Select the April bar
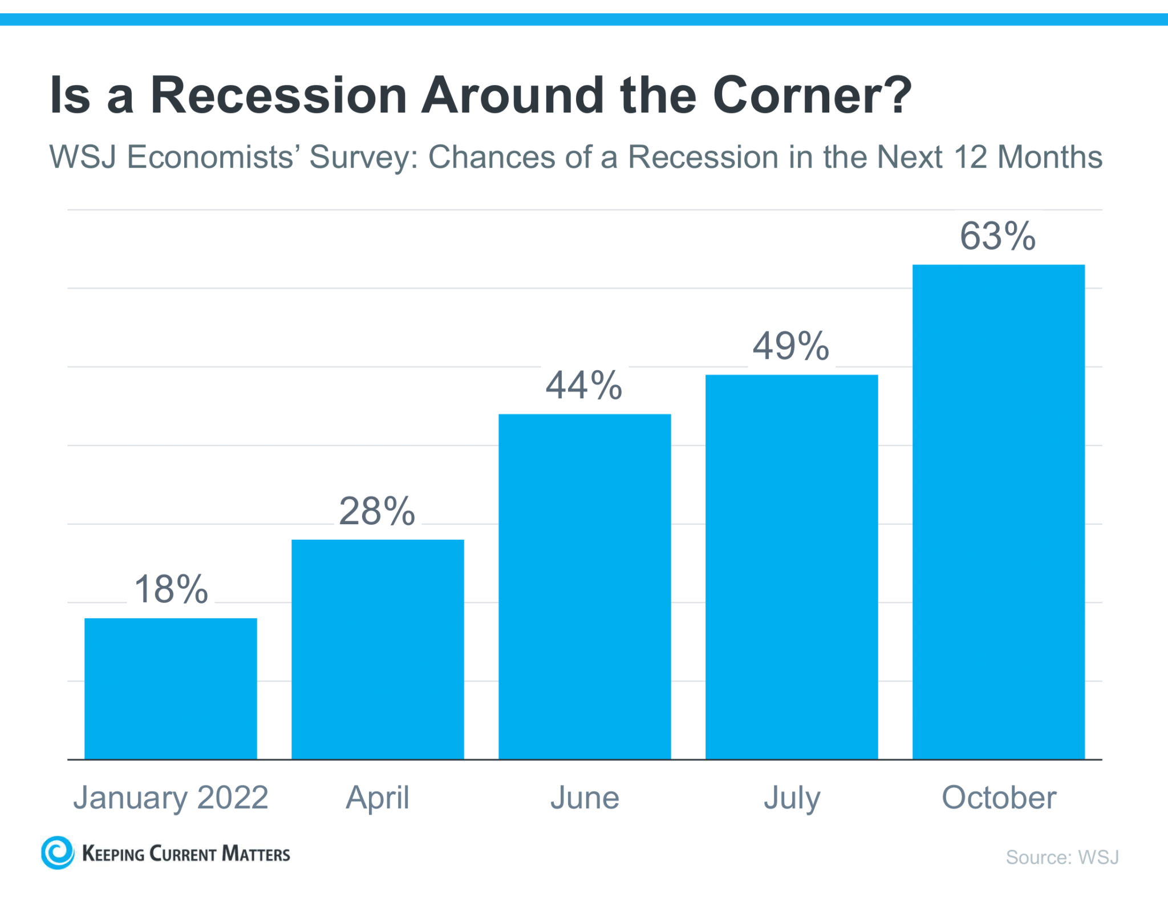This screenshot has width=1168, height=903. tap(378, 649)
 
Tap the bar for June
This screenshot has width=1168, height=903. tap(585, 586)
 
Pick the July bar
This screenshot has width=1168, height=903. tap(791, 566)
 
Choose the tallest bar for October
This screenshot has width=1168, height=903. tap(998, 511)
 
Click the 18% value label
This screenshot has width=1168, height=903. tap(171, 589)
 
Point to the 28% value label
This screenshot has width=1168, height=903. tap(377, 511)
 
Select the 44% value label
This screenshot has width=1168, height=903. tap(584, 386)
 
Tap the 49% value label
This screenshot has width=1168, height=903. tap(791, 346)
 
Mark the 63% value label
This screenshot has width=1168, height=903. tap(997, 236)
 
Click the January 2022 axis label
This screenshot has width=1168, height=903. tap(171, 797)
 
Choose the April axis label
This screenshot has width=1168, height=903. tap(377, 797)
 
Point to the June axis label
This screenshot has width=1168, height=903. tap(585, 797)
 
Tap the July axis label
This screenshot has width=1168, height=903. tap(792, 797)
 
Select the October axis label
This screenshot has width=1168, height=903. tap(999, 797)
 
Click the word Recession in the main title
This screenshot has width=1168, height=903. tap(278, 95)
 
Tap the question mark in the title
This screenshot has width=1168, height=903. tap(897, 94)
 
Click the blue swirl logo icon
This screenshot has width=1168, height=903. tap(58, 853)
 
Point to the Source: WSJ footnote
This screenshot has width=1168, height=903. tap(1062, 857)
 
